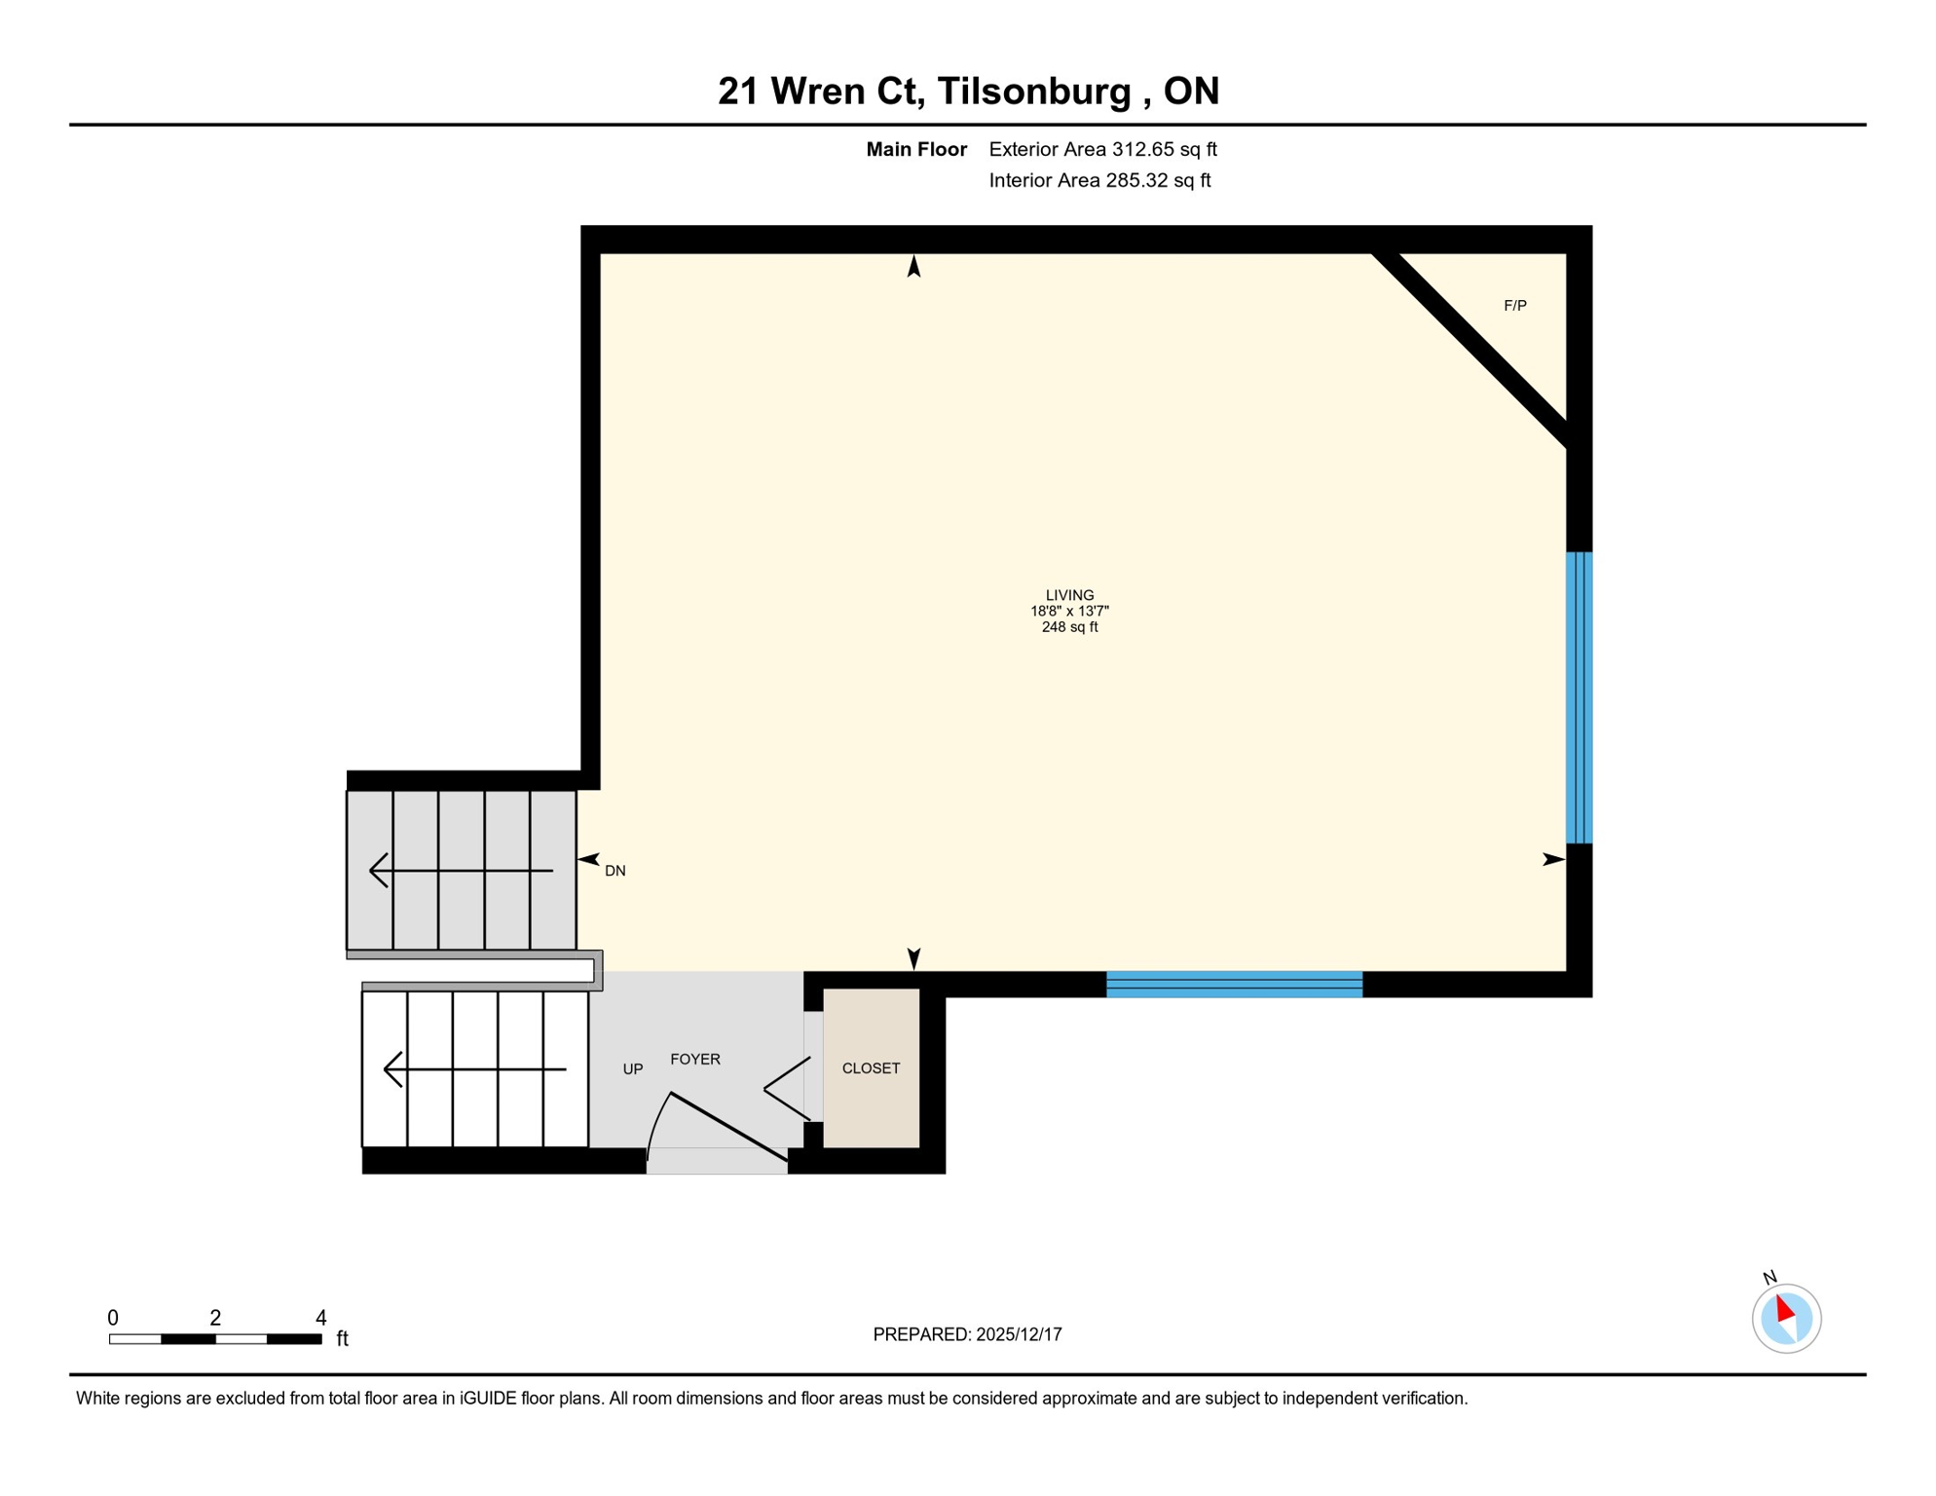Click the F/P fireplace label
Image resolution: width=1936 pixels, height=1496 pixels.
1514,306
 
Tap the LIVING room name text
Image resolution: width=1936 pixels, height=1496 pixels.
1069,595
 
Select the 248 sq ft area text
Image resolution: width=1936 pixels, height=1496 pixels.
1069,627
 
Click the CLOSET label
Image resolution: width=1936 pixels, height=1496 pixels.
871,1068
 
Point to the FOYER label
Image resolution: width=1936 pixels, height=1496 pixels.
695,1060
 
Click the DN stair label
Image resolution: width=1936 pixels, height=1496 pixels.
614,871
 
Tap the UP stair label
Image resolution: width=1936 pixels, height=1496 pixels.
633,1069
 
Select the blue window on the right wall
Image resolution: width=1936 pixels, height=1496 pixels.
1579,697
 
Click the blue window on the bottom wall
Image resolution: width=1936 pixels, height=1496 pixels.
1234,985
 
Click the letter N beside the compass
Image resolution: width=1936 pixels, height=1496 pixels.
1769,1277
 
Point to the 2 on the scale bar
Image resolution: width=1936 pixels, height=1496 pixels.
215,1318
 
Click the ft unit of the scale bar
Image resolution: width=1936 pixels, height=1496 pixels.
342,1339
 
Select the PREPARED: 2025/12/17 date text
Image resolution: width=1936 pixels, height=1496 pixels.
967,1334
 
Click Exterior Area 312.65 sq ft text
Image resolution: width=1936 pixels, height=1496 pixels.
1102,149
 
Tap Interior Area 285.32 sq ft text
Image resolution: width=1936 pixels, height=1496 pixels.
1099,180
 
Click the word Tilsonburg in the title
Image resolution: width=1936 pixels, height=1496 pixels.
1034,91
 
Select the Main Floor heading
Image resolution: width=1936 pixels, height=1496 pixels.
916,149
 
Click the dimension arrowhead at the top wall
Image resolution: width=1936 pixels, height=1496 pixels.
913,266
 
